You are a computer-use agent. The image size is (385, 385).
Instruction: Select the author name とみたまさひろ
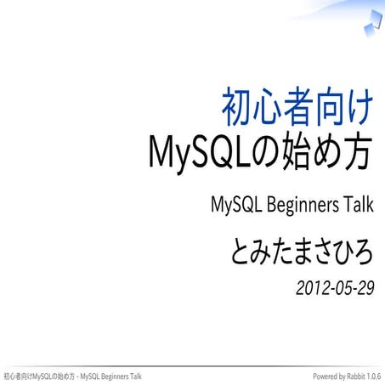(302, 252)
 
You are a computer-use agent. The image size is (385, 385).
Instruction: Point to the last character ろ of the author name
(363, 252)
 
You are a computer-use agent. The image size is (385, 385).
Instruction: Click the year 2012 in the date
(311, 288)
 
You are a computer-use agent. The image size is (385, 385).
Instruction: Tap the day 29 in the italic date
(365, 288)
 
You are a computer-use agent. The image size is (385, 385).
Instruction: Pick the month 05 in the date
(340, 288)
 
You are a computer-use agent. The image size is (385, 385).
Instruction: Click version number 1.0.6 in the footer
(372, 376)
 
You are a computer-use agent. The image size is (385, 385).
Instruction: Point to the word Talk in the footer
(133, 376)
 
